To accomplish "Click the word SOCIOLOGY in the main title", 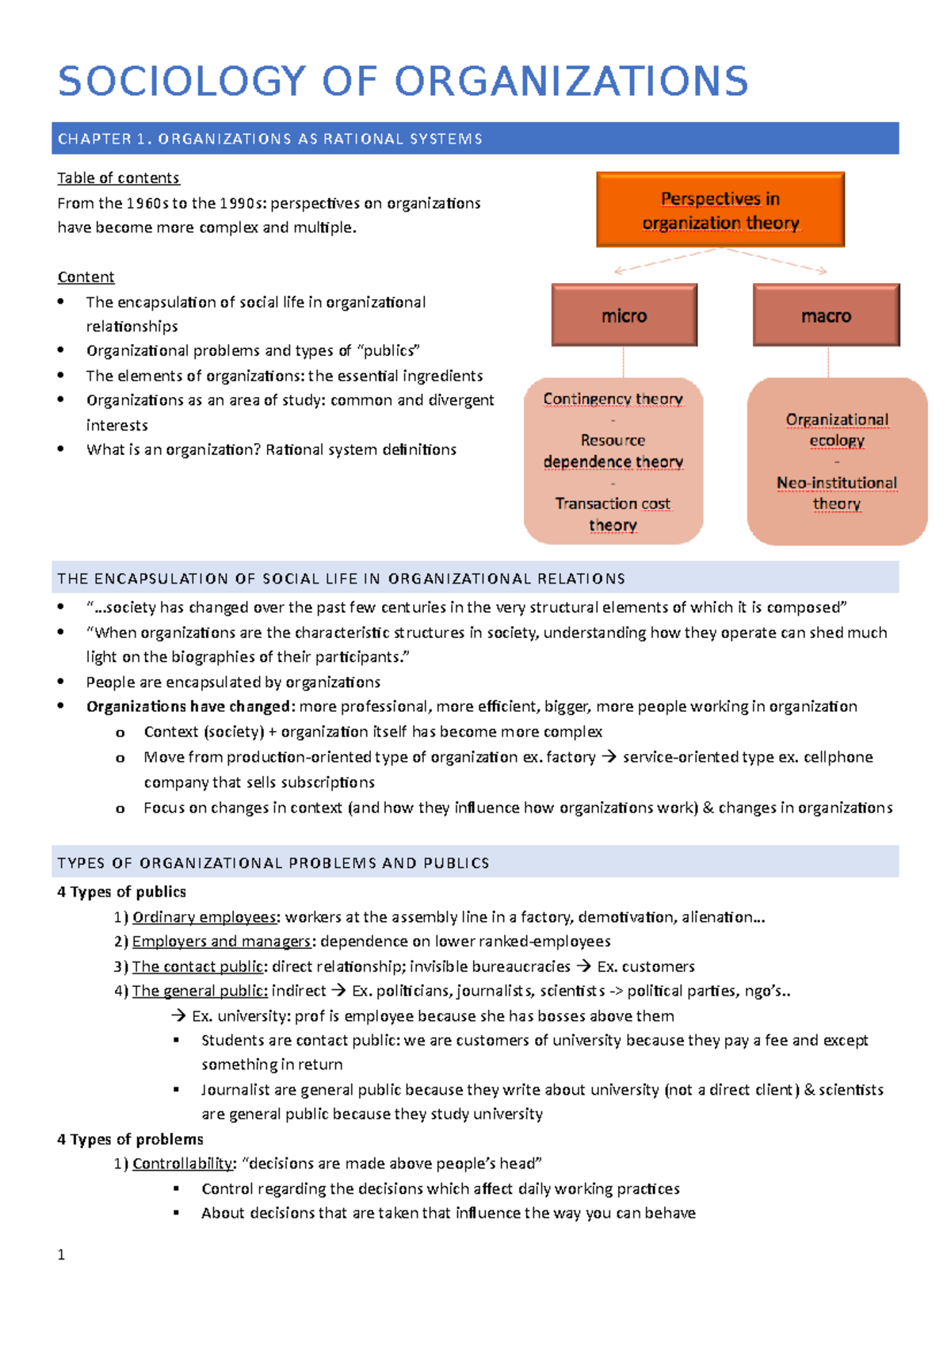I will tap(181, 82).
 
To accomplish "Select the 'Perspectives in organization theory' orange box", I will tap(720, 210).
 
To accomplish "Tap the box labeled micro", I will tap(624, 315).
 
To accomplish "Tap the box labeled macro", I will tap(826, 315).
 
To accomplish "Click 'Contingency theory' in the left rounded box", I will tap(613, 399).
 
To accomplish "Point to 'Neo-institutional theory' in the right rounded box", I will tap(836, 493).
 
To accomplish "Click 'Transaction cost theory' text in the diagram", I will tap(613, 514).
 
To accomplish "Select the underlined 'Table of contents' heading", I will tap(118, 178).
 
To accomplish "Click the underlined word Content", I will tap(86, 277).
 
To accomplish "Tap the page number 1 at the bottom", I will tap(61, 1254).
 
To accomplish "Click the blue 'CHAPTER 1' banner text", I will tap(269, 139).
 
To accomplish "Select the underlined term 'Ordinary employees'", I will tap(204, 916).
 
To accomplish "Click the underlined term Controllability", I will tap(183, 1163).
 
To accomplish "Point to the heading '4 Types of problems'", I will tap(130, 1138).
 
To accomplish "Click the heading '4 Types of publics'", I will tap(121, 891).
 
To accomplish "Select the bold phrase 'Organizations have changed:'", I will tap(190, 706).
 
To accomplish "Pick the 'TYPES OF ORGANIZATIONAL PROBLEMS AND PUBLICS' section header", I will tap(273, 862).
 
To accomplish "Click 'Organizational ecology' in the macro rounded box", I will tap(836, 429).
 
